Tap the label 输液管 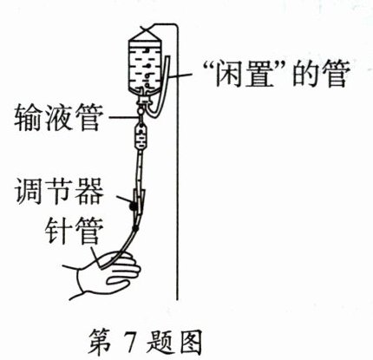(59, 118)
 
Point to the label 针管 (75, 231)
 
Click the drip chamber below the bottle (141, 136)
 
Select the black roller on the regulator (133, 206)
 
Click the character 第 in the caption (100, 341)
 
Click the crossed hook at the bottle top (147, 29)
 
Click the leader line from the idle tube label (180, 76)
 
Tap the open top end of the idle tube (167, 58)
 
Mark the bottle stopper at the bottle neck (143, 100)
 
